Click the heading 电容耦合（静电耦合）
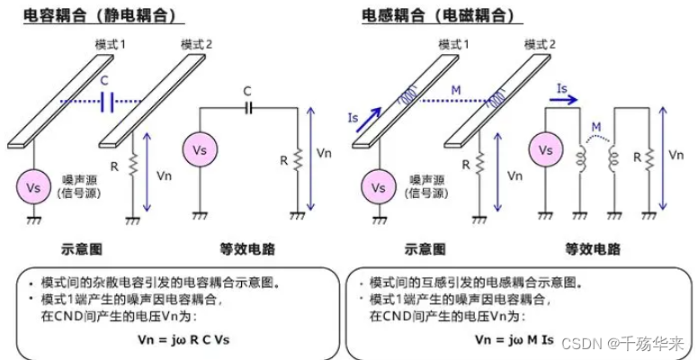(x=103, y=15)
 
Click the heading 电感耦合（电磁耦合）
(x=443, y=15)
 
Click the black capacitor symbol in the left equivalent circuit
(x=248, y=107)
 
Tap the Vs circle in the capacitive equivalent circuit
(x=200, y=148)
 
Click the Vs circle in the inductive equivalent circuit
(x=544, y=148)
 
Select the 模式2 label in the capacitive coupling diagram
(x=198, y=44)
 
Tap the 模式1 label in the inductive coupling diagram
(x=453, y=44)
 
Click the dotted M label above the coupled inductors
(x=594, y=127)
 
